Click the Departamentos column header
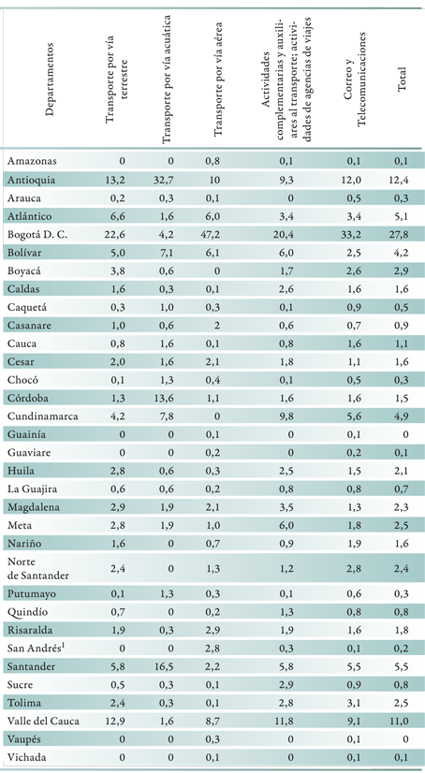coord(49,80)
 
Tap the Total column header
coord(402,80)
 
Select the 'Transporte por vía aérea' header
coord(218,80)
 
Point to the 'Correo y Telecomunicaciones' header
coord(355,80)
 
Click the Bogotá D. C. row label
coord(37,235)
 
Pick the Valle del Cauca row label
coord(43,722)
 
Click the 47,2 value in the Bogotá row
coord(214,235)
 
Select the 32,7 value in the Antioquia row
coord(163,180)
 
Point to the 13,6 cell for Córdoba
coord(163,398)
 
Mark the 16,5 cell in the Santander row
coord(163,666)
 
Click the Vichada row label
coord(25,758)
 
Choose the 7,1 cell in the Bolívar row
coord(166,253)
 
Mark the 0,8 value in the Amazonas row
coord(217,161)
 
